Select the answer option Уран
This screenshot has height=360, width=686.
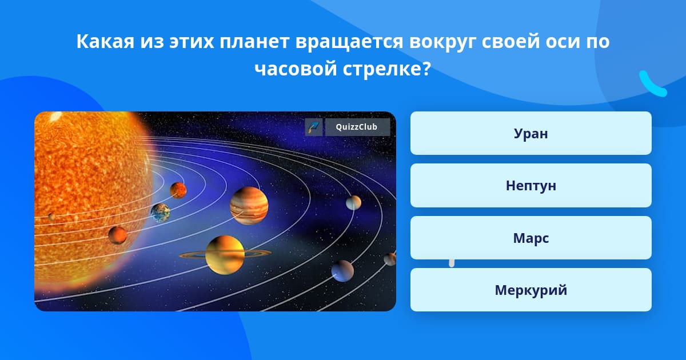click(531, 133)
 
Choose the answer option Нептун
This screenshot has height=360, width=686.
click(531, 186)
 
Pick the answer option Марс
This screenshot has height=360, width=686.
click(531, 238)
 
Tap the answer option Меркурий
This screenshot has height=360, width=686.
click(531, 290)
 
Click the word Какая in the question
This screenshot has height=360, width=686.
click(105, 41)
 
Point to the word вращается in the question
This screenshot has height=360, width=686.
click(349, 42)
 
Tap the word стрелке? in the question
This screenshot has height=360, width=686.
click(387, 69)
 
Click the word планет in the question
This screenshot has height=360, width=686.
click(254, 42)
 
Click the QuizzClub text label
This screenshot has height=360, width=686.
click(357, 127)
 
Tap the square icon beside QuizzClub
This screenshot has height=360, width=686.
click(314, 127)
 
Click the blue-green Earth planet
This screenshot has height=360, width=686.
click(160, 213)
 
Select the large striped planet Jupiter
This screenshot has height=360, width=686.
click(249, 206)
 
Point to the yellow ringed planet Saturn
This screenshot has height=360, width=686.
click(225, 255)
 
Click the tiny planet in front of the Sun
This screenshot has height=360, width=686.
click(52, 217)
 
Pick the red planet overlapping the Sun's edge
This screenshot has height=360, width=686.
click(118, 235)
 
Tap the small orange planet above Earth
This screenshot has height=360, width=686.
click(178, 190)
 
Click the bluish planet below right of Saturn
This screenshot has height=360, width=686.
click(342, 271)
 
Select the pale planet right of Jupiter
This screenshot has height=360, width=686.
click(353, 203)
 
